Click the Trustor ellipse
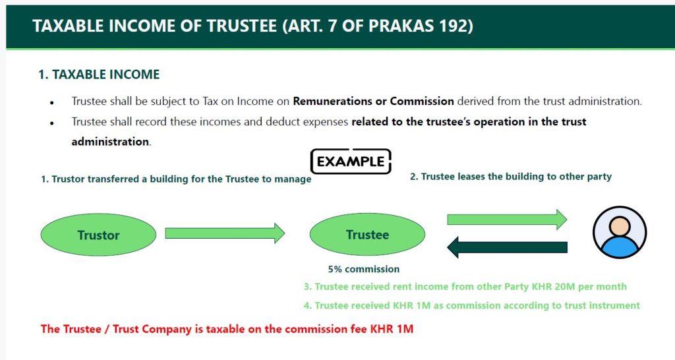click(x=98, y=235)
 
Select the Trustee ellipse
click(x=367, y=234)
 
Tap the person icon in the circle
click(x=620, y=232)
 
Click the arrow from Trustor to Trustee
click(x=225, y=233)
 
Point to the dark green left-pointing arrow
click(x=507, y=248)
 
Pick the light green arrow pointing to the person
click(x=507, y=220)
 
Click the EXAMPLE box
click(x=351, y=162)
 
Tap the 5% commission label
click(x=364, y=269)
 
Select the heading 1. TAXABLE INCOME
click(x=99, y=75)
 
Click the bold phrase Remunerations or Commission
click(x=373, y=101)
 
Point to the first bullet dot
click(x=51, y=103)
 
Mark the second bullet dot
click(x=51, y=123)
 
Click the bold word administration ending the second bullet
click(x=110, y=142)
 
